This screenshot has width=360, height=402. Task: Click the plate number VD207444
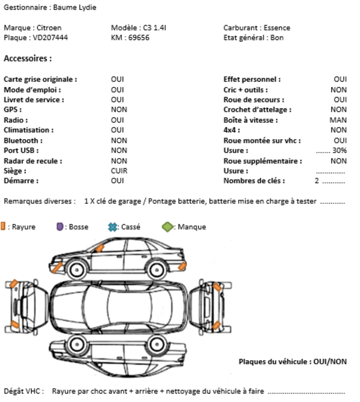click(x=50, y=37)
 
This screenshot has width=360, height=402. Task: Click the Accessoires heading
click(x=28, y=59)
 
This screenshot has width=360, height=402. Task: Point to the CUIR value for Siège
click(x=119, y=171)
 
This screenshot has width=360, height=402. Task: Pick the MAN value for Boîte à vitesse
click(x=338, y=120)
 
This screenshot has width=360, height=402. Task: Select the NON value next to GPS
click(x=119, y=110)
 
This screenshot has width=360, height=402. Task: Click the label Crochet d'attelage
click(x=257, y=110)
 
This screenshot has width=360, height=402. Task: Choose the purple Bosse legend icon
click(x=60, y=227)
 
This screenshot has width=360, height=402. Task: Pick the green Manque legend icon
click(x=168, y=227)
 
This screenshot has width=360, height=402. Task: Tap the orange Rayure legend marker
click(x=3, y=226)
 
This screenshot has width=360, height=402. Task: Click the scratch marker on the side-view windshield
click(x=100, y=248)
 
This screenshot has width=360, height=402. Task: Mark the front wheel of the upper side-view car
click(x=76, y=269)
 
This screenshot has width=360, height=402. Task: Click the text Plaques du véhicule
click(x=274, y=362)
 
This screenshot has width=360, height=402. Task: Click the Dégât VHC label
click(x=24, y=391)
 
